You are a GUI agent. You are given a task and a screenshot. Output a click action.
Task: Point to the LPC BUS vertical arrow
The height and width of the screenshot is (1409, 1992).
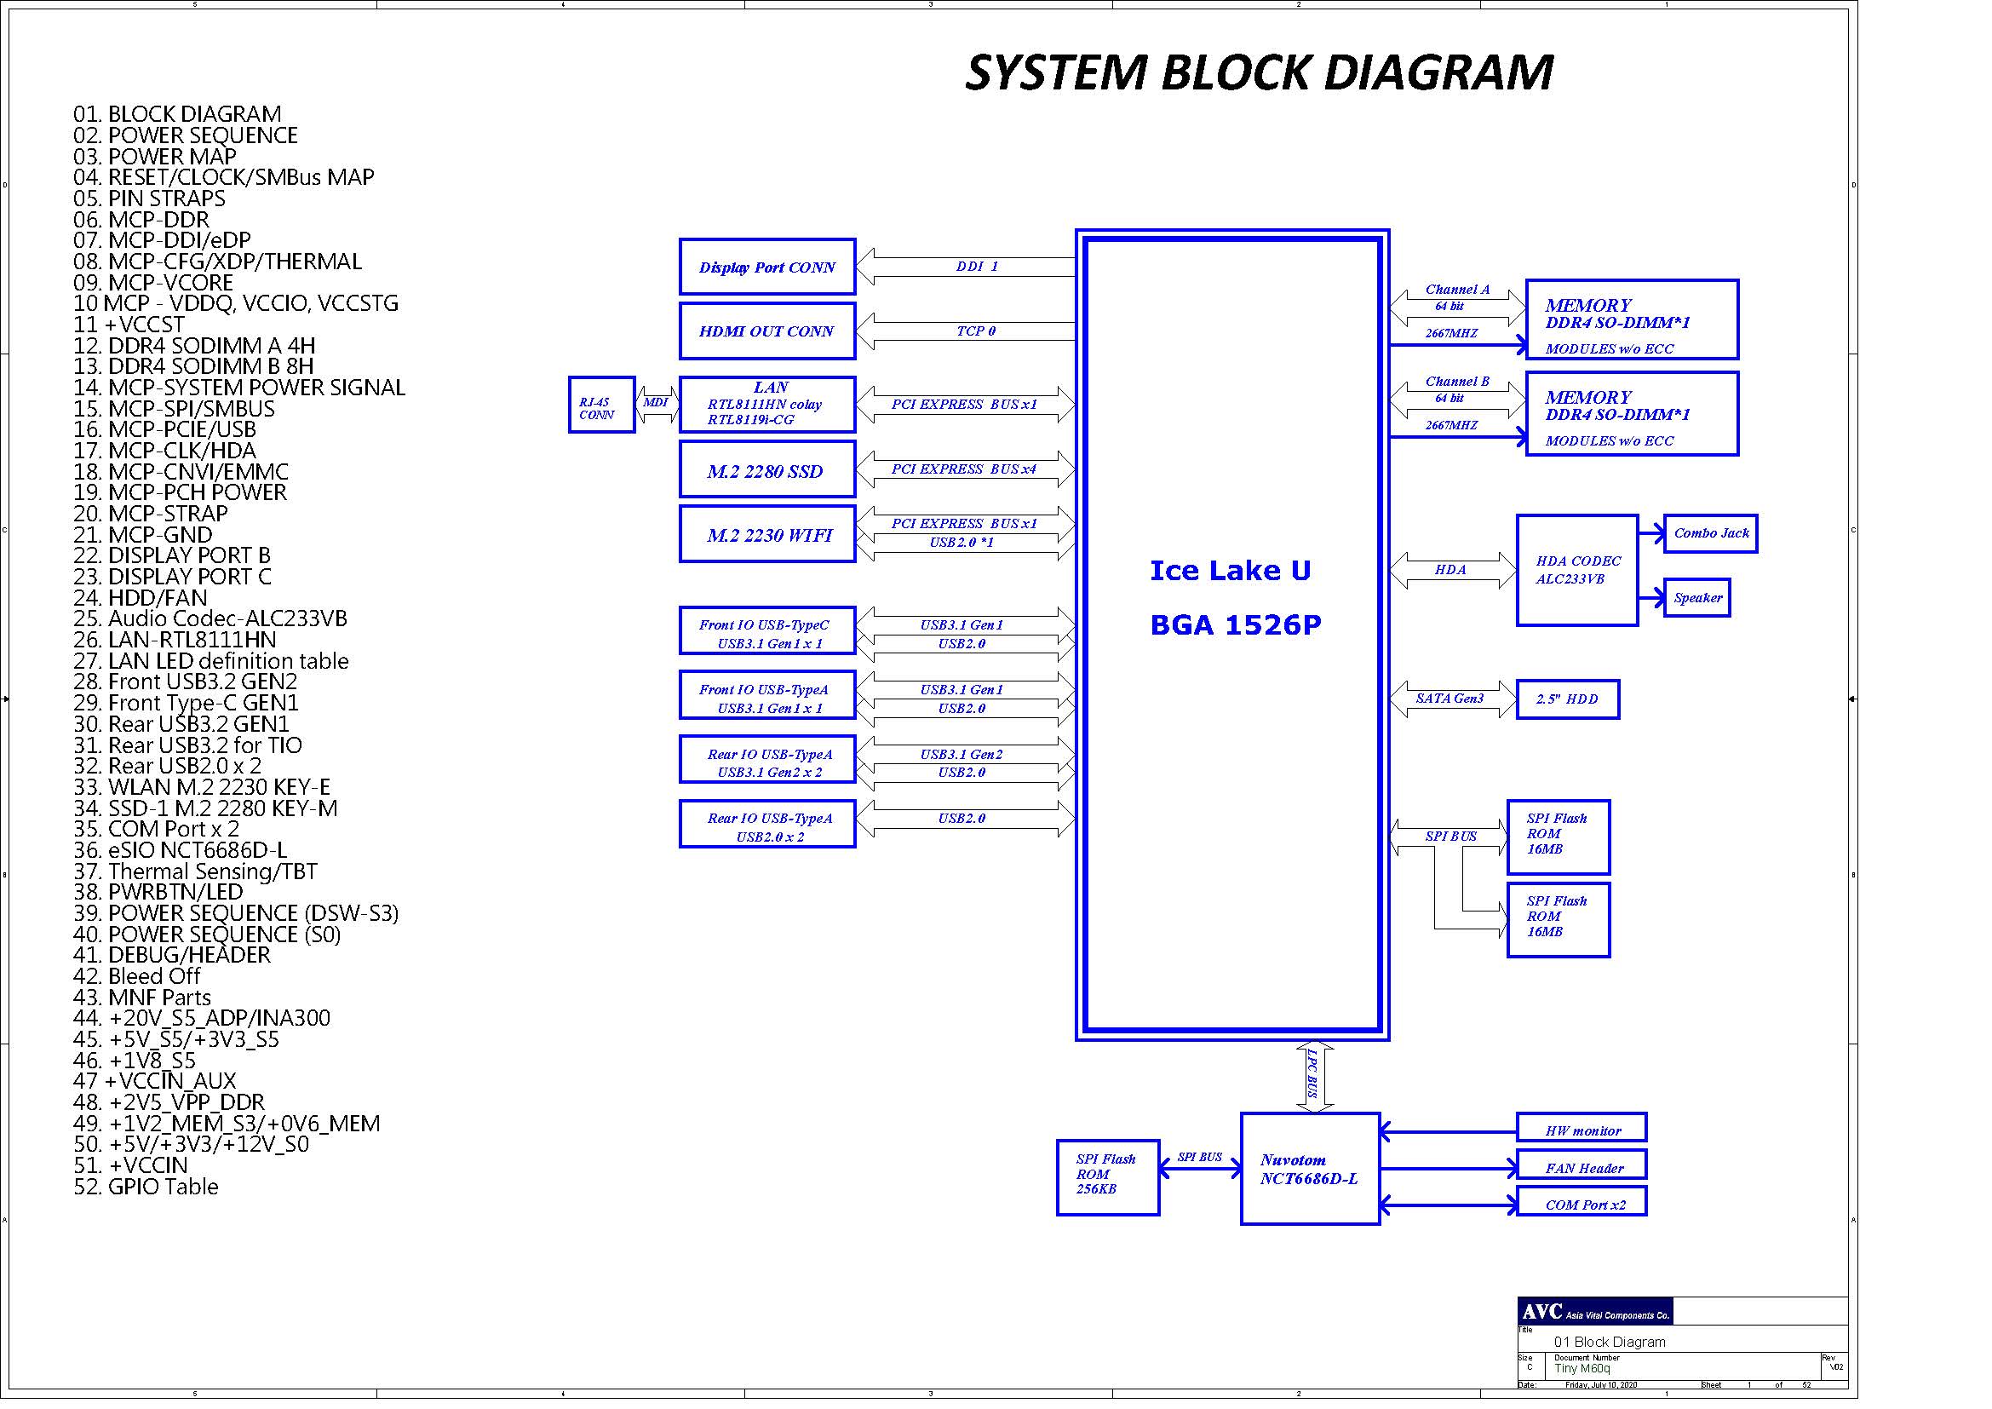pyautogui.click(x=1313, y=1077)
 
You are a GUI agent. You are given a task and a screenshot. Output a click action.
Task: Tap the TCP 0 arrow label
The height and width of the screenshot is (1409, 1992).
pyautogui.click(x=976, y=331)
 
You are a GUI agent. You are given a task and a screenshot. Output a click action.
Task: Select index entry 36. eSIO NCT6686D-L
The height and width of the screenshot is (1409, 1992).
pyautogui.click(x=181, y=850)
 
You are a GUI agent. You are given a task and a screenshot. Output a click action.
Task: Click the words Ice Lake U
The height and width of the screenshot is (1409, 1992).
pyautogui.click(x=1231, y=570)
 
